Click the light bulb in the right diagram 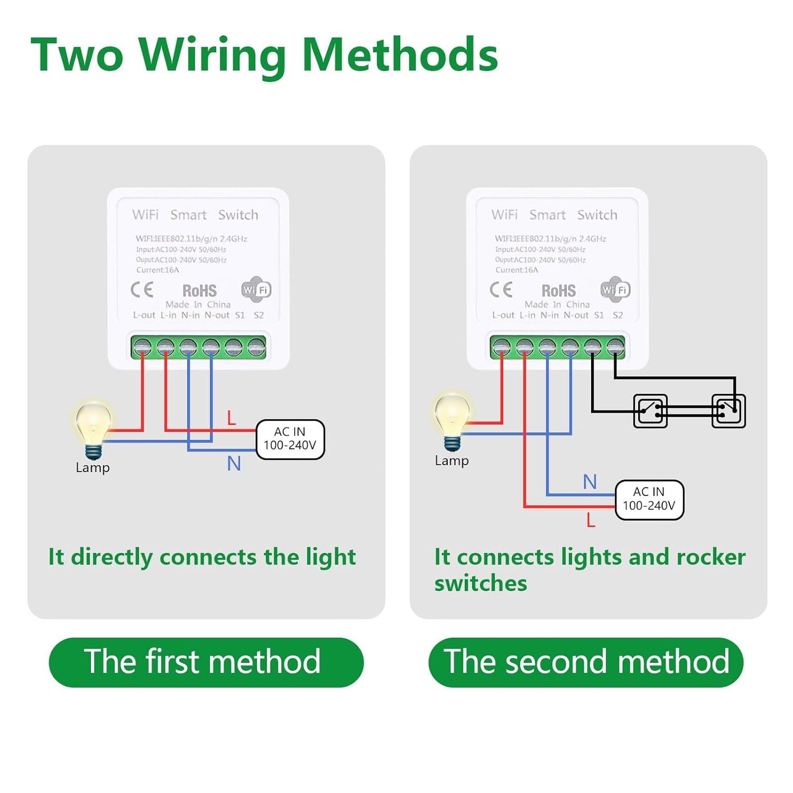point(452,420)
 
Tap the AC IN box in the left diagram point(290,439)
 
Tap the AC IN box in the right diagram point(649,499)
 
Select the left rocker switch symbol point(650,410)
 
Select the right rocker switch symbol point(728,410)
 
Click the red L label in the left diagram point(232,418)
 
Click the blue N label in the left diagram point(234,464)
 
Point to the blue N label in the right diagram point(589,482)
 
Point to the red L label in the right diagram point(590,520)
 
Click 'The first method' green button point(206,662)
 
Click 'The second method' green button point(586,662)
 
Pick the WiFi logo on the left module point(256,289)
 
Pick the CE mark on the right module point(501,289)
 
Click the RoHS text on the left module point(199,290)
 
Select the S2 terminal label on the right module point(618,315)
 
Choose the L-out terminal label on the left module point(144,315)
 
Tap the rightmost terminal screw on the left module point(256,347)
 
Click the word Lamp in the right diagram point(452,460)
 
